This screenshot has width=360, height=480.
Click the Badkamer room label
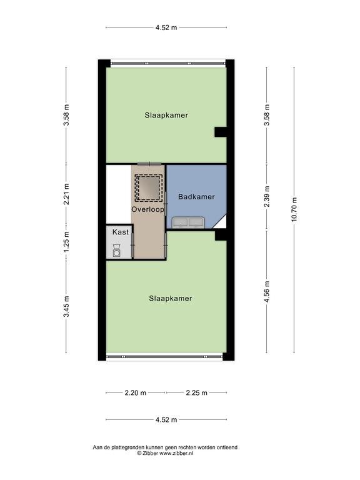click(x=196, y=196)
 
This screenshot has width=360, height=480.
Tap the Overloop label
click(x=148, y=209)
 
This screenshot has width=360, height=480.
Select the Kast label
click(x=120, y=232)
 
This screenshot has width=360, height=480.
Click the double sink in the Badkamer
click(x=188, y=222)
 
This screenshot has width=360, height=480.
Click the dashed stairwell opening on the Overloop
click(x=149, y=188)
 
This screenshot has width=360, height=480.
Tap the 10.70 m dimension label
click(x=294, y=210)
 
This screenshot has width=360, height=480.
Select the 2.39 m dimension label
click(x=267, y=196)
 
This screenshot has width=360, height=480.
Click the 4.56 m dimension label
click(x=267, y=292)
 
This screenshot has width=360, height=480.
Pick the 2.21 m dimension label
click(x=66, y=194)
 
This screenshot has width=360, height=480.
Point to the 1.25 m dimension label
click(x=66, y=241)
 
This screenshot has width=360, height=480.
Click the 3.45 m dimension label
click(x=66, y=307)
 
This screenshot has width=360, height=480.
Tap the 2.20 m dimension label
click(x=135, y=392)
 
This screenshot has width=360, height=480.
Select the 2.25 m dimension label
click(x=196, y=392)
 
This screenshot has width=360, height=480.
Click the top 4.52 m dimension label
click(x=166, y=27)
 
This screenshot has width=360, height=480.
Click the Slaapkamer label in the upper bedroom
click(x=166, y=116)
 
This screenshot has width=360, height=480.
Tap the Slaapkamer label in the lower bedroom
click(x=171, y=299)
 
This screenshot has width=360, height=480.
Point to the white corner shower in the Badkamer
click(x=221, y=222)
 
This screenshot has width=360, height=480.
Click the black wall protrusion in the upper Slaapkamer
click(x=221, y=132)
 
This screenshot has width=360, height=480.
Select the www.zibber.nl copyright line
click(x=165, y=453)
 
